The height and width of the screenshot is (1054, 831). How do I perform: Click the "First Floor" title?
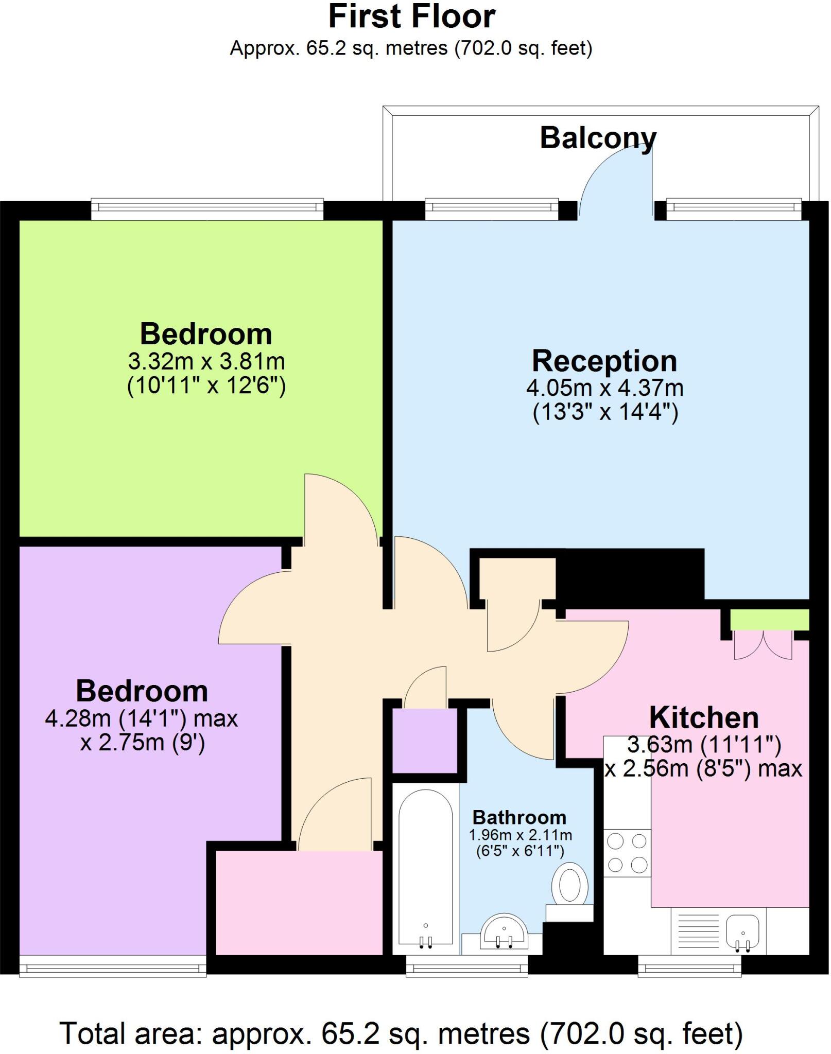[412, 16]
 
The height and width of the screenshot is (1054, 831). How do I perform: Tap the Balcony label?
[598, 138]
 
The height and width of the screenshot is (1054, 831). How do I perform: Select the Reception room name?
[604, 361]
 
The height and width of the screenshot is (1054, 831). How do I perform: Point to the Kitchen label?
[704, 717]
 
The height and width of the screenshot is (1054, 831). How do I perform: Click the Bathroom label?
[520, 817]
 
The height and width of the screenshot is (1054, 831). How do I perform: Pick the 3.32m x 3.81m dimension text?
[206, 361]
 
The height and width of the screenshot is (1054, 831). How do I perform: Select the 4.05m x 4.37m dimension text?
[605, 388]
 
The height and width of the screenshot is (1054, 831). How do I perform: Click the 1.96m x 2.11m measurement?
[521, 835]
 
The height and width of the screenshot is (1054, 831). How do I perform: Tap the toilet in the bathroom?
[569, 893]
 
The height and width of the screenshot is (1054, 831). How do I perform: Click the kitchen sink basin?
[742, 932]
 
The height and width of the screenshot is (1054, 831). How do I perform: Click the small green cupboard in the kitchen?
[770, 620]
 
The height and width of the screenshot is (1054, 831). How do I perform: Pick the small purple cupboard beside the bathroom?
[425, 741]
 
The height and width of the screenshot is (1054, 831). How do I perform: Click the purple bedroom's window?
[113, 967]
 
